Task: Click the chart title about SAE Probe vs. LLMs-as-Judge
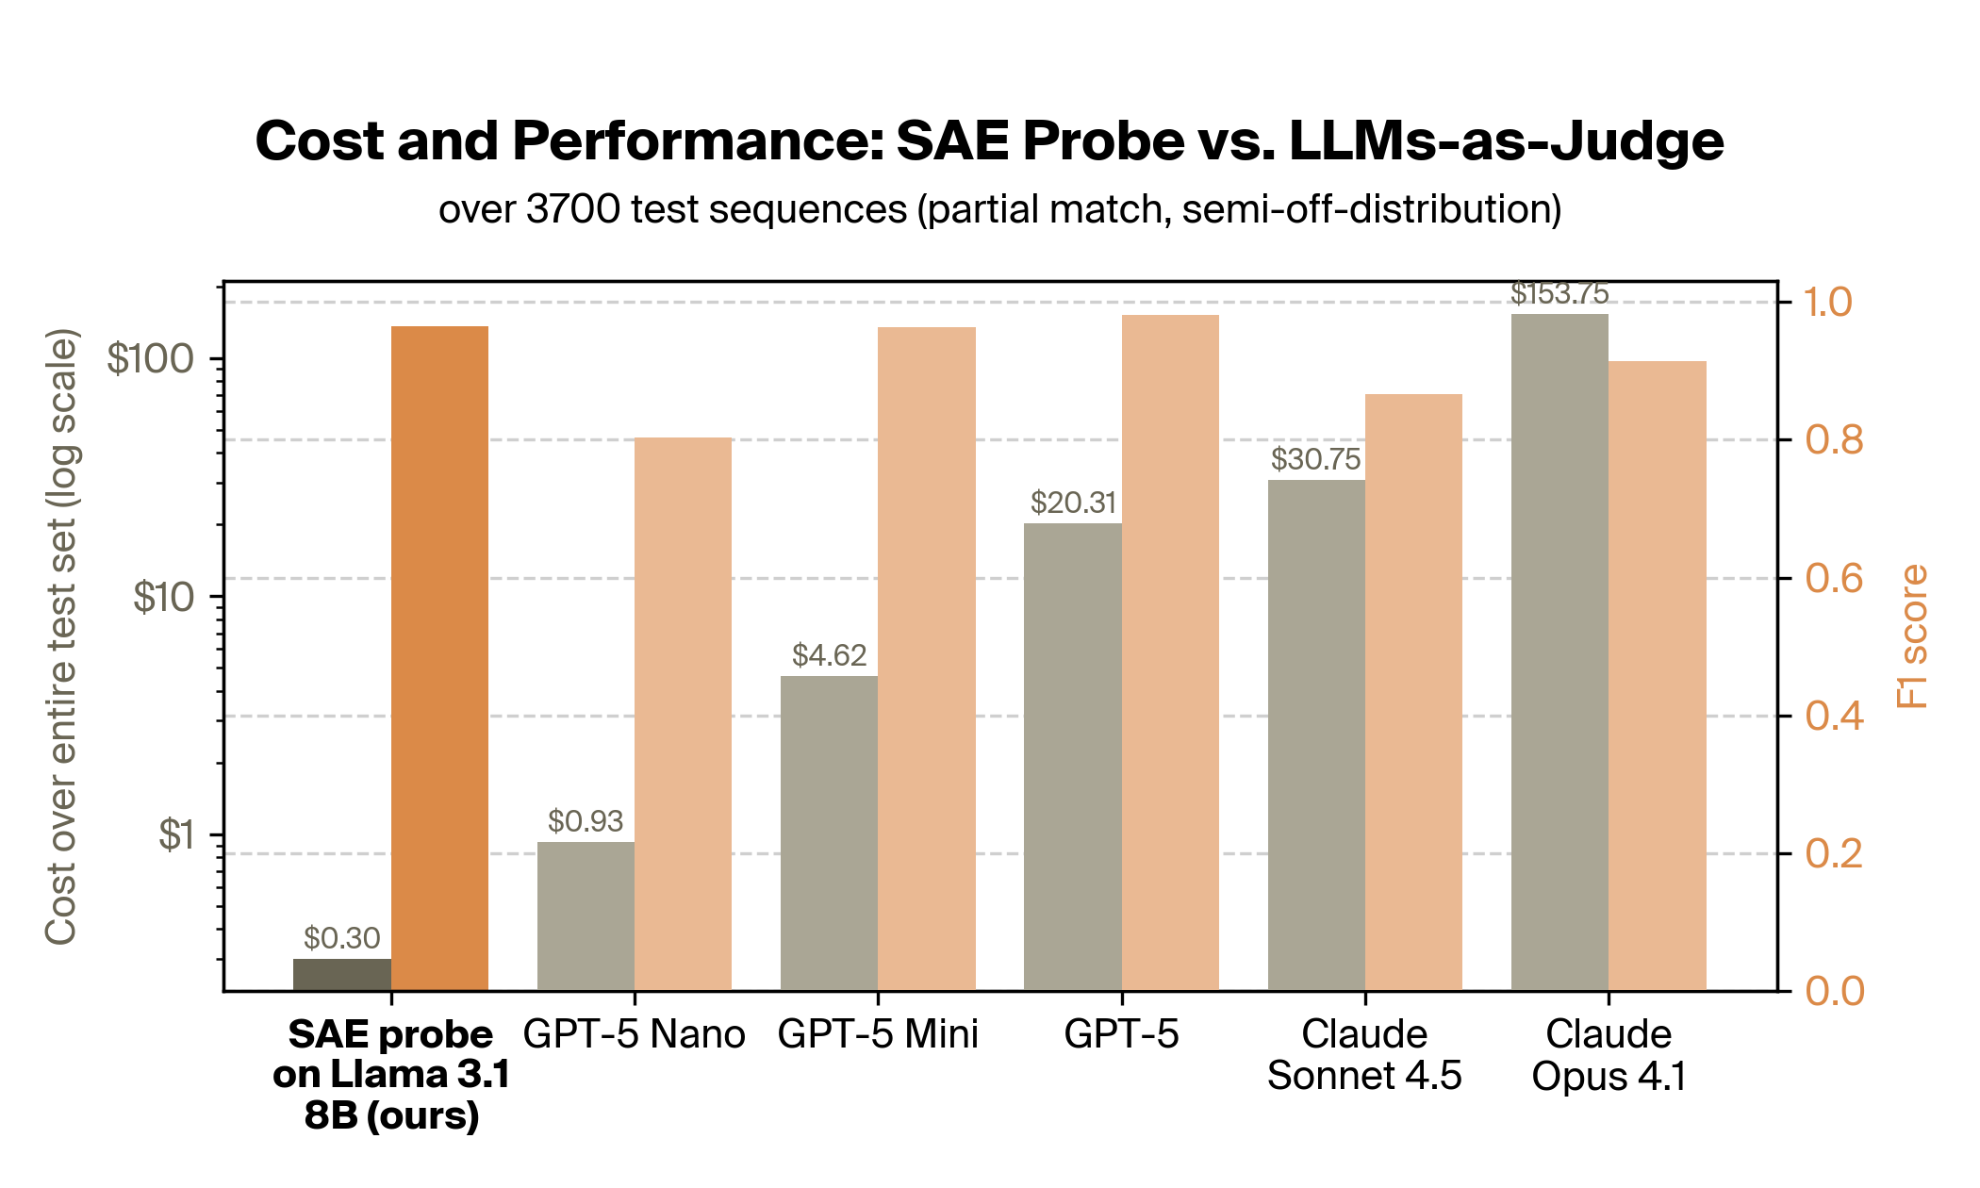(989, 141)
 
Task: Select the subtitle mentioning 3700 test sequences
(999, 209)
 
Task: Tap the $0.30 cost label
(341, 938)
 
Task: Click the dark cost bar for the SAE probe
(341, 975)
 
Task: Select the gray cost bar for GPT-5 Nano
(586, 916)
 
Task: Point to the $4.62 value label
(829, 655)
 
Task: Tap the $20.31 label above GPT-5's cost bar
(1073, 503)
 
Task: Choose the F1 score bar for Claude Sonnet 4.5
(1413, 692)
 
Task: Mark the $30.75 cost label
(1315, 459)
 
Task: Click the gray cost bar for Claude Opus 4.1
(1559, 652)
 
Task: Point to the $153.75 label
(1559, 294)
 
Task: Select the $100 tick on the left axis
(150, 359)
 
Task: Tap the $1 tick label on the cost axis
(175, 835)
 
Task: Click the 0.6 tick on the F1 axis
(1834, 578)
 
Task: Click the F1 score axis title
(1913, 636)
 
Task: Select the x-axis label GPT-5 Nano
(634, 1034)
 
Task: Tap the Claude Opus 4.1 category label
(1609, 1055)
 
